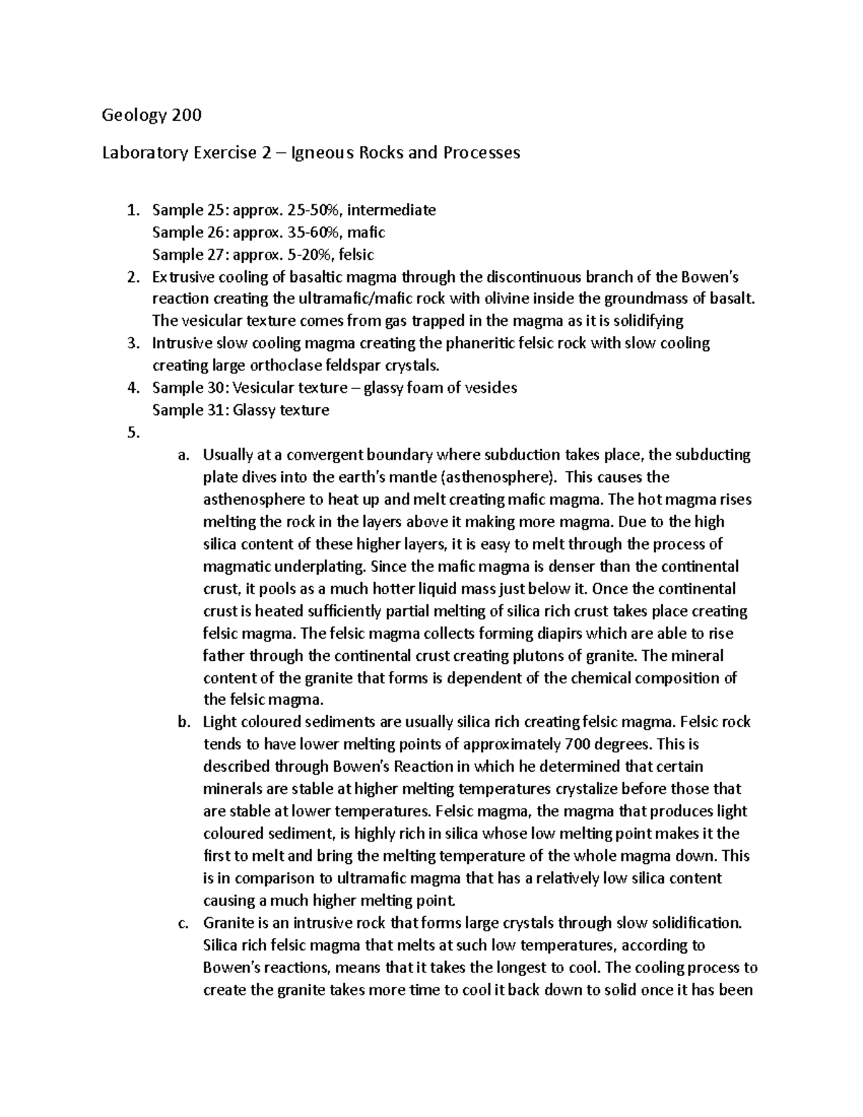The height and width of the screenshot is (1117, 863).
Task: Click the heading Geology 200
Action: point(152,115)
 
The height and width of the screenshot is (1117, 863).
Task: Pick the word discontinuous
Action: point(539,277)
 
